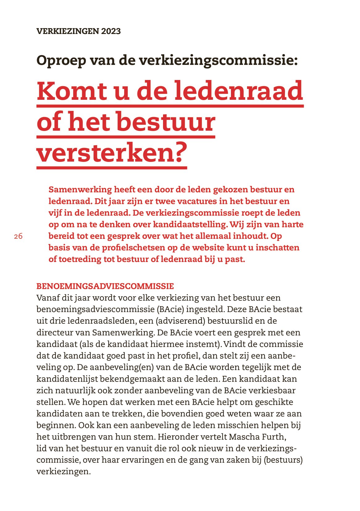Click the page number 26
(x=18, y=236)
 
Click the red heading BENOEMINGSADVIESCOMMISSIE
(x=105, y=286)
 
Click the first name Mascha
(x=244, y=437)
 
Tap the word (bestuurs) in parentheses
(x=283, y=460)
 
